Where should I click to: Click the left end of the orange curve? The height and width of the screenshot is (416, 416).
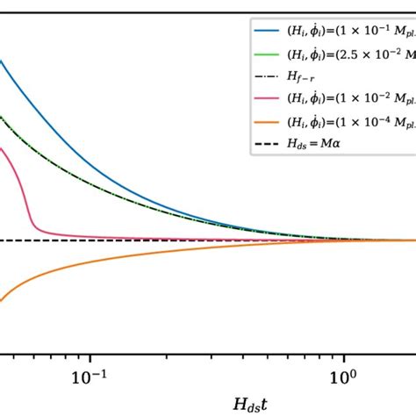(x=2, y=301)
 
